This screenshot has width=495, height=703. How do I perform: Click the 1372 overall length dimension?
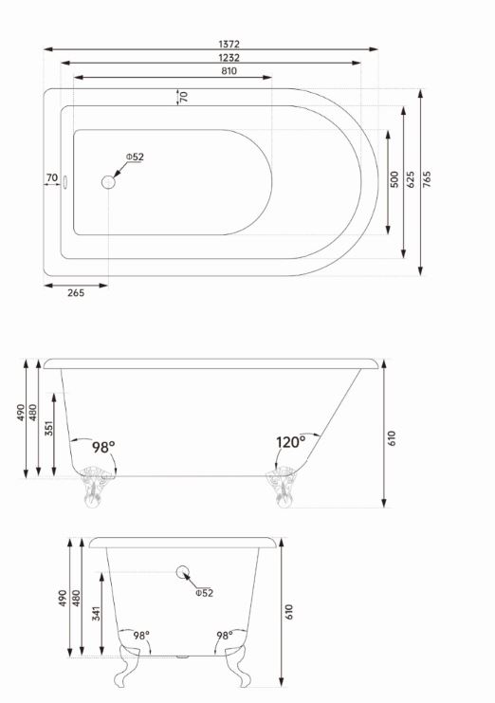229,44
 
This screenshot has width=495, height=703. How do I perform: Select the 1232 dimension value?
229,58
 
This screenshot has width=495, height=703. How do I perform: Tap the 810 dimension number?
229,71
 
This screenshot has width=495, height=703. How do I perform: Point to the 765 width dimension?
427,179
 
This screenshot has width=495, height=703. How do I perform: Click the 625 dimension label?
411,179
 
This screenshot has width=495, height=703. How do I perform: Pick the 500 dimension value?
394,179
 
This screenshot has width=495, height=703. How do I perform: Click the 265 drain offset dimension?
76,293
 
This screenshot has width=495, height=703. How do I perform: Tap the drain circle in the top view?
108,182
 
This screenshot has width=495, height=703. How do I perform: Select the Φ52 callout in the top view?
135,157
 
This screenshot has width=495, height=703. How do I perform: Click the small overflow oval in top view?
64,182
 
